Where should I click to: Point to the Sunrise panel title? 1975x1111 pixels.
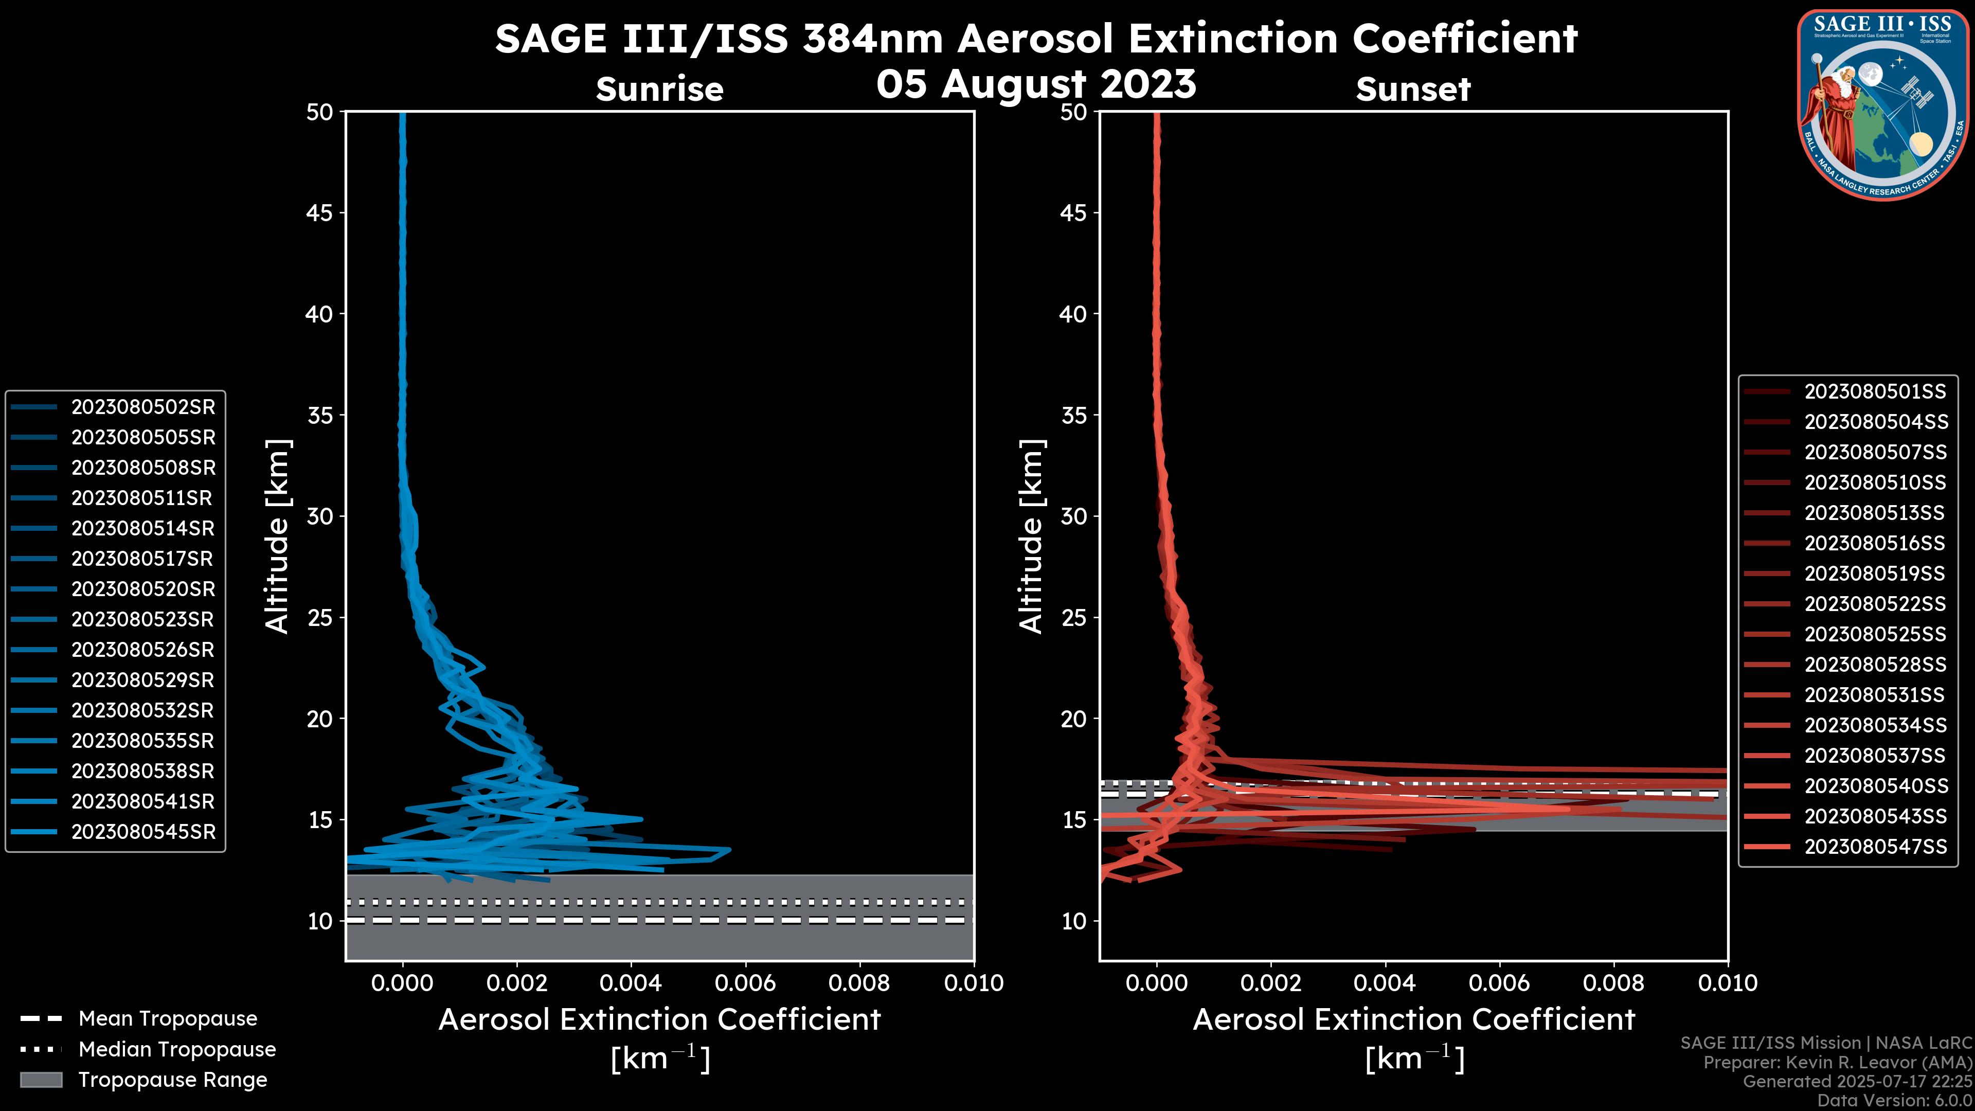click(659, 89)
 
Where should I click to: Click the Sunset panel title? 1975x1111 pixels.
click(1413, 89)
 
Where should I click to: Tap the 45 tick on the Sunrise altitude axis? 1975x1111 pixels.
click(320, 213)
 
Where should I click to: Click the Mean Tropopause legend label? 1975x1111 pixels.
click(168, 1019)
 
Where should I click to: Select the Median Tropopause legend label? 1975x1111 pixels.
click(177, 1050)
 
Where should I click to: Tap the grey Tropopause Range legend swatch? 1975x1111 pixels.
click(41, 1080)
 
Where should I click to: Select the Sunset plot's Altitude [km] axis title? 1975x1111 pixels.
click(1032, 536)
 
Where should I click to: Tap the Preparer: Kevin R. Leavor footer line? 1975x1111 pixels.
click(1837, 1063)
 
